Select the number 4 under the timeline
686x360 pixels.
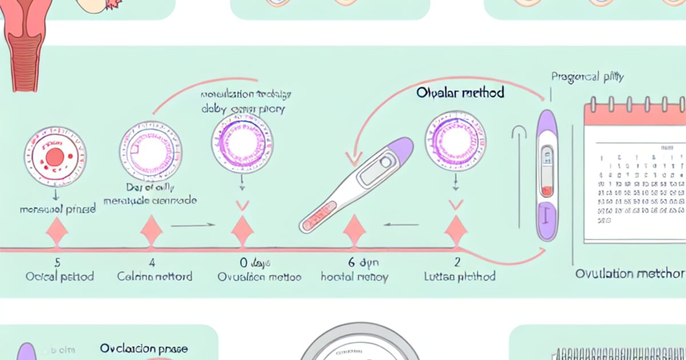[151, 263]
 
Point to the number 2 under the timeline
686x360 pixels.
[457, 263]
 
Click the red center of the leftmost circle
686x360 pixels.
[55, 157]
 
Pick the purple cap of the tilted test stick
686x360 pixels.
[398, 149]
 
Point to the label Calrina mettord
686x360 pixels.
[154, 277]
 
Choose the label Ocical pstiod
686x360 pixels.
[59, 277]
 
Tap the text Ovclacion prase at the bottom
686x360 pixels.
[143, 348]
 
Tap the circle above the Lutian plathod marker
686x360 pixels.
[456, 141]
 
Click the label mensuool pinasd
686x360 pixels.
[58, 210]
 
